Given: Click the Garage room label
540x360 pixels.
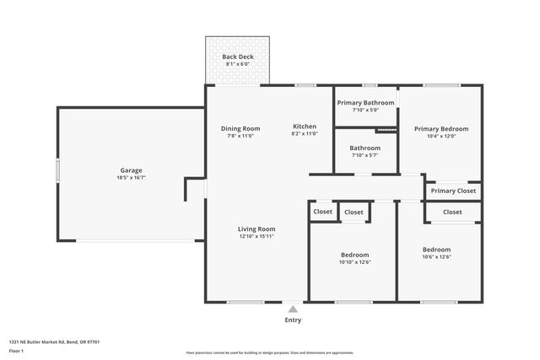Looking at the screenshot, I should (131, 169).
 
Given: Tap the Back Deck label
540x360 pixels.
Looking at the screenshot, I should (237, 57).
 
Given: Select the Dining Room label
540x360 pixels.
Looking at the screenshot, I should (240, 128).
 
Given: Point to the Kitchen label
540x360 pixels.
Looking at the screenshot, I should (305, 126).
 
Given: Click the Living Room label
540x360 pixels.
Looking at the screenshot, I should (256, 228).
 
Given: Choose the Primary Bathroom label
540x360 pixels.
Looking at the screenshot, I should (365, 103).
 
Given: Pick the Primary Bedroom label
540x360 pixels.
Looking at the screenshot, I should (440, 129).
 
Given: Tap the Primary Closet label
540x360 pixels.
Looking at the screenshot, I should (454, 191).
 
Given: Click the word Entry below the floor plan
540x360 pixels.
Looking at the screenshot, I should (293, 320).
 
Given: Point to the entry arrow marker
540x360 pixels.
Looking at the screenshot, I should (293, 309).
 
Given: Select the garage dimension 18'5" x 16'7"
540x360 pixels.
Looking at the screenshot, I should (131, 178).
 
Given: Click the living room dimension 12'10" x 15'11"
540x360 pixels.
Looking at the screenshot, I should (256, 237).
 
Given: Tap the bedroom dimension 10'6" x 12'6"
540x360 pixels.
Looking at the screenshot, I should (436, 257).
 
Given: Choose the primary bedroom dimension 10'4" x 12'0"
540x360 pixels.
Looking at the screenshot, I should (440, 137).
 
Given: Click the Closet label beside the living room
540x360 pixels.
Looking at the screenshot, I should (323, 212).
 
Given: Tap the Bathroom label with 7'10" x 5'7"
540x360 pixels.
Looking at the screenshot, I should (365, 148).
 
